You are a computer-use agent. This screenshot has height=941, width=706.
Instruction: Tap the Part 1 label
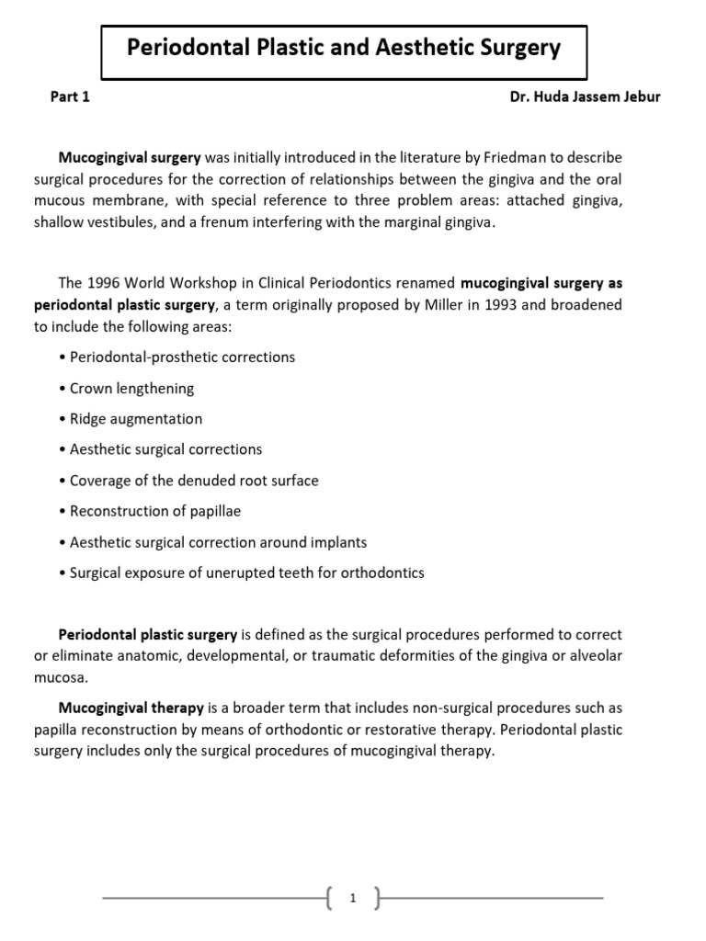(x=70, y=97)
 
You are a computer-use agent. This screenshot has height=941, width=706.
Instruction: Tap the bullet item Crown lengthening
(x=131, y=388)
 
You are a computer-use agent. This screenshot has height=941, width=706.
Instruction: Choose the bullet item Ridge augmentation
(x=136, y=418)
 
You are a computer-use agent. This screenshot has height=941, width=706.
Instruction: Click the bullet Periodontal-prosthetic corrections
(x=182, y=357)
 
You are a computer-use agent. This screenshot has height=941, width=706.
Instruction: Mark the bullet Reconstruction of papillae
(x=154, y=511)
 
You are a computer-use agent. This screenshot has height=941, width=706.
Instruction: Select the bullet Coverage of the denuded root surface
(x=194, y=480)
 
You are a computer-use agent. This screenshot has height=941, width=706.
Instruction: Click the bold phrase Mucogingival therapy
(x=131, y=708)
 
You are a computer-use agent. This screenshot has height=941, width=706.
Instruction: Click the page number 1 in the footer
(x=353, y=899)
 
